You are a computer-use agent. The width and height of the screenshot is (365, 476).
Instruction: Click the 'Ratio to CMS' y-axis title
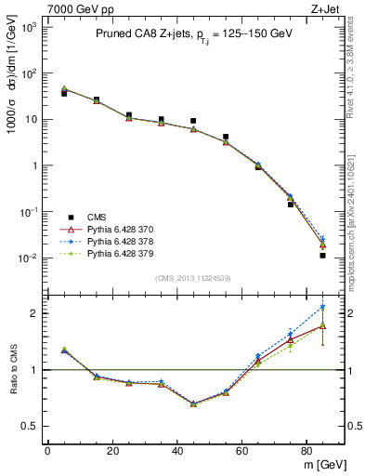point(12,369)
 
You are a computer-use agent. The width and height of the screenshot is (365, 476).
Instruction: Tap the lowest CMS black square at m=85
point(322,255)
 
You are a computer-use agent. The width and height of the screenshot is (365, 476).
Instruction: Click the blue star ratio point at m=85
point(322,306)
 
